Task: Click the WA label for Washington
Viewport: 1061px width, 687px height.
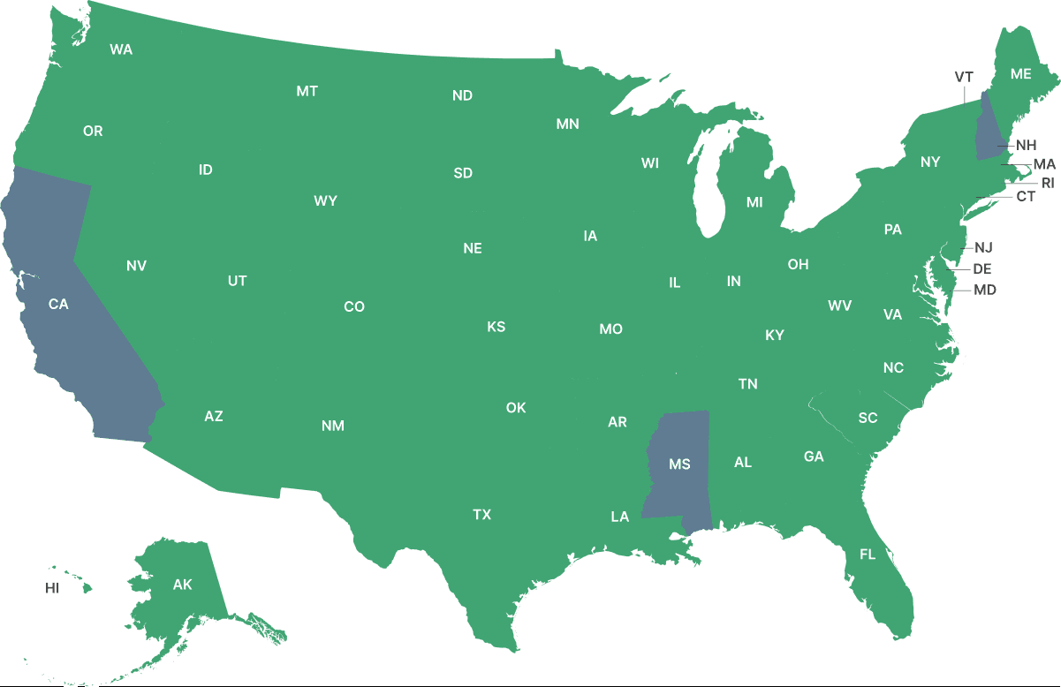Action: point(121,49)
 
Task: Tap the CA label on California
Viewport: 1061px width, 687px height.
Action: point(58,304)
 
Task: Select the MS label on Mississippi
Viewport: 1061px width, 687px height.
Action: point(679,464)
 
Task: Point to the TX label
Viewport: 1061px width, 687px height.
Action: point(481,514)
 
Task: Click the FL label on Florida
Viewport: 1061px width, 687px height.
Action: point(868,555)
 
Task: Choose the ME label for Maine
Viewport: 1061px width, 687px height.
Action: point(1020,74)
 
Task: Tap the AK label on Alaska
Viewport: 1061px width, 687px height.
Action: point(182,585)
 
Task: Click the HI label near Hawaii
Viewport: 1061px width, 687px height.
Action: point(52,587)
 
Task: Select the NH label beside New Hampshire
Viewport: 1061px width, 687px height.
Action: point(1026,145)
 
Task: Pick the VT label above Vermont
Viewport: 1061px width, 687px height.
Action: point(964,78)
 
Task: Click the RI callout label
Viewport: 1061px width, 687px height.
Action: point(1048,184)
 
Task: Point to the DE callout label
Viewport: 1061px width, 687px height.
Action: point(981,268)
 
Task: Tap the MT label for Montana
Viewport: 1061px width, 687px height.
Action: point(307,91)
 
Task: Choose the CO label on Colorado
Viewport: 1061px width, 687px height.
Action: point(354,306)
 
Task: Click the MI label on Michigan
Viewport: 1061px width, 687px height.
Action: point(754,202)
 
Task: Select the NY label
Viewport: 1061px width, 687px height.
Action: point(930,162)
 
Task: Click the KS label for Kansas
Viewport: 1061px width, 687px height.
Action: point(496,327)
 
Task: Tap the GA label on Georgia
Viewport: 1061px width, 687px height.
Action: point(814,457)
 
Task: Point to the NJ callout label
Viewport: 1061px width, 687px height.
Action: point(983,247)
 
